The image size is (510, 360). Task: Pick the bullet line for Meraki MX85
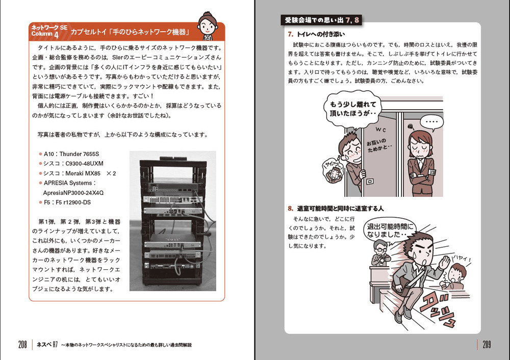click(80, 173)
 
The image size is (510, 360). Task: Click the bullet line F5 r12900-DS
click(69, 202)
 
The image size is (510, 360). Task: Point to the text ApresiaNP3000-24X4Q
click(73, 193)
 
